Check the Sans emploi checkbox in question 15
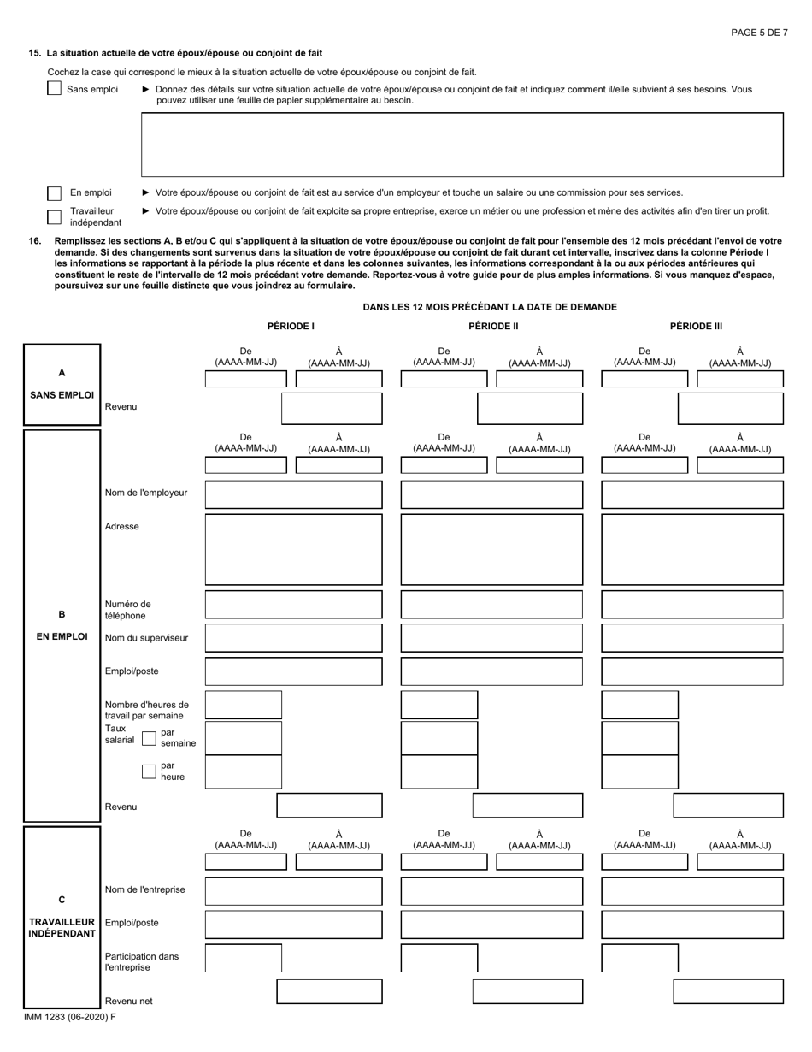click(x=55, y=88)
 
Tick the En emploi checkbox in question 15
click(x=55, y=193)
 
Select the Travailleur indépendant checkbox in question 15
click(x=55, y=216)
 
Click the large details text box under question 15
click(x=462, y=145)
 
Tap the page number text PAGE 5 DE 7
click(x=759, y=33)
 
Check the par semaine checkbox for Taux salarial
click(x=149, y=738)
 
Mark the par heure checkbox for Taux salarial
click(x=149, y=771)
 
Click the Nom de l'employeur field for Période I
click(x=293, y=494)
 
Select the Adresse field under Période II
click(x=491, y=549)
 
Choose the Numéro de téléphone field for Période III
click(x=692, y=605)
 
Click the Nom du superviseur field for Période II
click(x=491, y=638)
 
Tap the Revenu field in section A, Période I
click(x=332, y=409)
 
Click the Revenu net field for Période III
click(x=728, y=991)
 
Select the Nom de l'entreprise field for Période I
click(x=293, y=891)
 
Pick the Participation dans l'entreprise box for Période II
click(x=439, y=958)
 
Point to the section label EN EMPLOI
click(x=62, y=636)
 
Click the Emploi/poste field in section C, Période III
click(x=692, y=925)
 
